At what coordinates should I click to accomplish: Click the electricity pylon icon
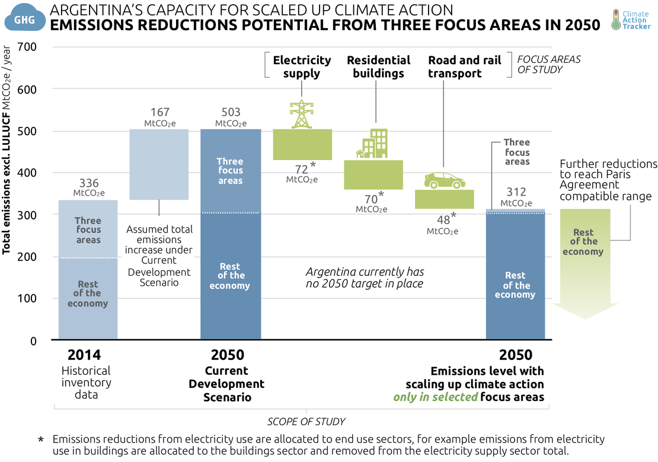301,114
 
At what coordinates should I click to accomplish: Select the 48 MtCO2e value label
442,224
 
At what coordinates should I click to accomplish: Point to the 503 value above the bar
230,113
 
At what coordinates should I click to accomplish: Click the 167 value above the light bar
159,113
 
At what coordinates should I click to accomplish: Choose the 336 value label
88,184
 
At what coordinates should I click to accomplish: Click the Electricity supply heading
302,66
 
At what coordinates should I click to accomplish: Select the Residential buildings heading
378,66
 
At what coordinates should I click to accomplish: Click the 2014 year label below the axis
84,355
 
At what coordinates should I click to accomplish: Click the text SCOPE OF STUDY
306,422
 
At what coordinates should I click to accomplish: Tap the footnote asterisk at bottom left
41,441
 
